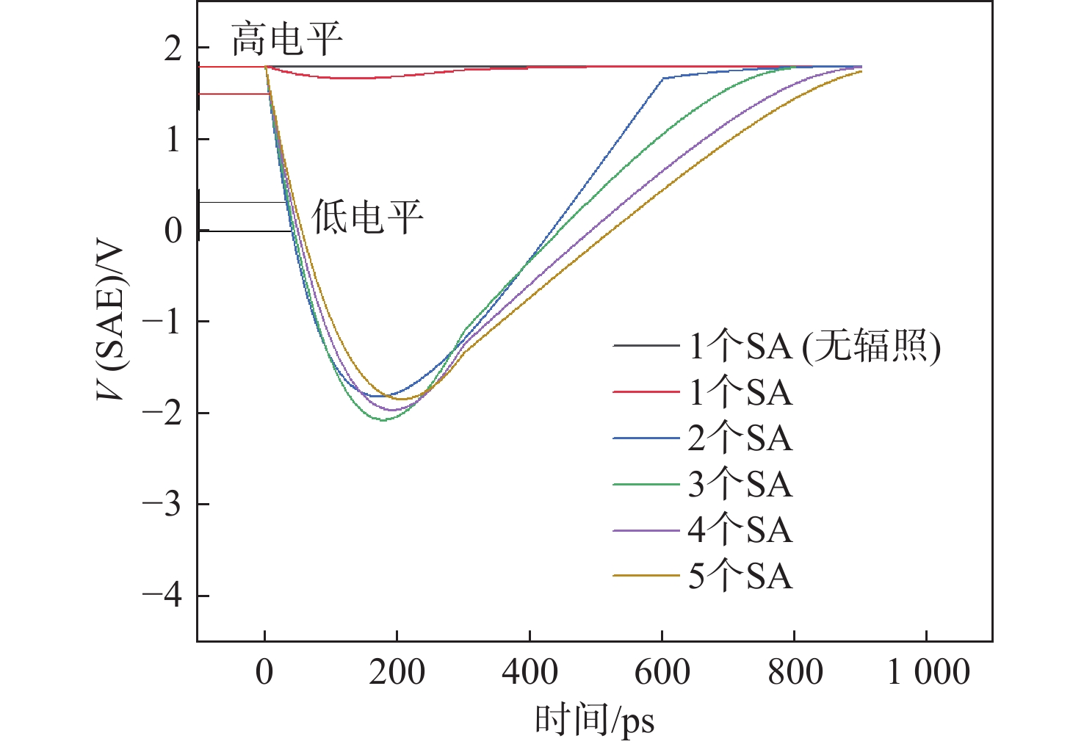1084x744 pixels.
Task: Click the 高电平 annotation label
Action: click(x=287, y=40)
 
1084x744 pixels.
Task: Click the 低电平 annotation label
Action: click(x=367, y=217)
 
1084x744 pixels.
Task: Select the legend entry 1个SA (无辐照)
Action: click(x=814, y=346)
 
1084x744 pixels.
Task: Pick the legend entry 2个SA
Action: click(x=740, y=438)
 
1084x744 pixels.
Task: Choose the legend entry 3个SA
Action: click(x=740, y=485)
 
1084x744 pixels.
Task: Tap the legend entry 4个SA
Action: click(x=740, y=530)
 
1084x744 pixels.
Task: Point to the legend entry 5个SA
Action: click(x=740, y=577)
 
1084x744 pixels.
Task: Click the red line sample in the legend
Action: click(x=646, y=392)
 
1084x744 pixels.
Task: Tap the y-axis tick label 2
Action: click(x=173, y=48)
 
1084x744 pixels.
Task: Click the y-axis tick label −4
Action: click(x=162, y=596)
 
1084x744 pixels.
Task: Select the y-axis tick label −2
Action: click(x=162, y=413)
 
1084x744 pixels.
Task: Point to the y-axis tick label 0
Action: click(x=173, y=231)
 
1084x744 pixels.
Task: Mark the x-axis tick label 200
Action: click(x=397, y=673)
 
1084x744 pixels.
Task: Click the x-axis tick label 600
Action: click(x=662, y=673)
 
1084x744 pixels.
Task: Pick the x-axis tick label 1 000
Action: click(x=928, y=673)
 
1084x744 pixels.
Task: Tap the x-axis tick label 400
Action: click(x=530, y=673)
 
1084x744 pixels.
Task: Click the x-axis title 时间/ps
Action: click(x=594, y=720)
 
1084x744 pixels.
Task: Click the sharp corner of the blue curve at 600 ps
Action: click(x=663, y=78)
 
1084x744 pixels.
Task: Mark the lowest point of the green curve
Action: click(x=383, y=420)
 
